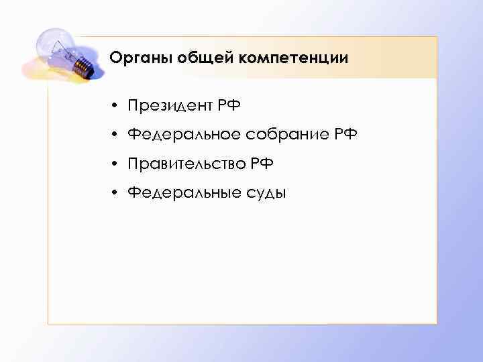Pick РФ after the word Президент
tap(229, 106)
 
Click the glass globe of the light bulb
tap(54, 46)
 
